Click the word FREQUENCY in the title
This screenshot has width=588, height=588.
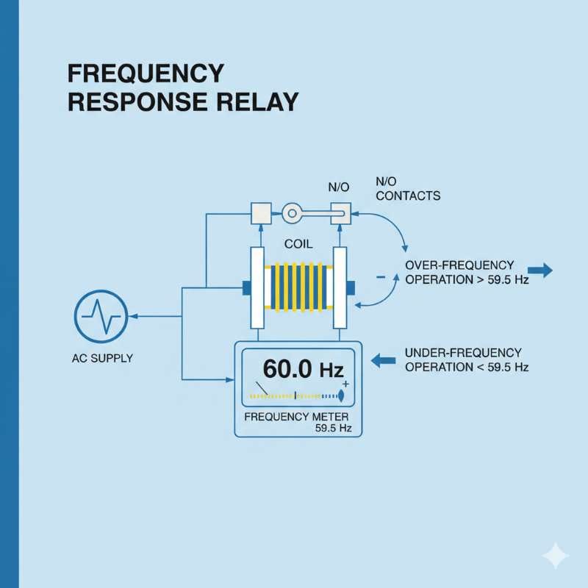(x=146, y=73)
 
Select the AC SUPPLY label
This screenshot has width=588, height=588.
(x=103, y=359)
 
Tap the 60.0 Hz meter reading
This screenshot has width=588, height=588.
(x=298, y=368)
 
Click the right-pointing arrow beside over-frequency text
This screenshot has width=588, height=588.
(x=539, y=271)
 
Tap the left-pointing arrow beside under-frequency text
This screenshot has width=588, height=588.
(x=384, y=360)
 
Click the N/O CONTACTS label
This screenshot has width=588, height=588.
(x=407, y=189)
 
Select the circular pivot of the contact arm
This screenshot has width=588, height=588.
(x=293, y=214)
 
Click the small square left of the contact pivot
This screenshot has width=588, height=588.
(x=261, y=213)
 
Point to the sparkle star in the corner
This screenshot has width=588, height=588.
(x=555, y=556)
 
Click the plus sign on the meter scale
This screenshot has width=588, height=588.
(x=345, y=384)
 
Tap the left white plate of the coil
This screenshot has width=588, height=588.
(x=257, y=288)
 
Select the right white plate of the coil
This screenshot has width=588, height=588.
(x=340, y=288)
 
